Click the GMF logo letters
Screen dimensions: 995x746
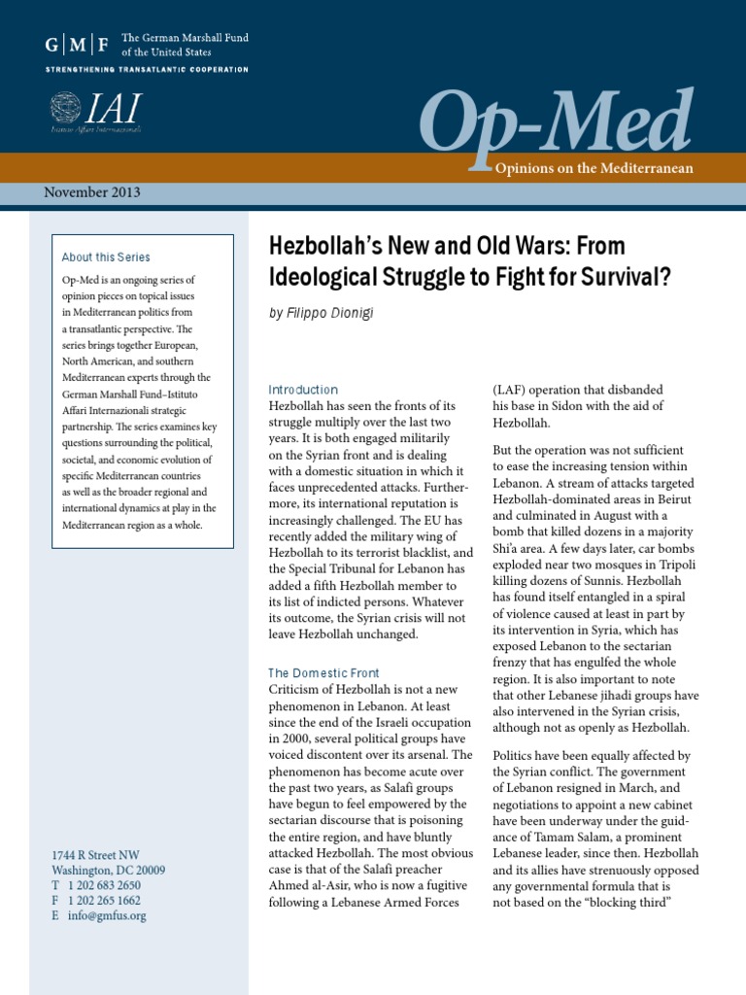pos(77,44)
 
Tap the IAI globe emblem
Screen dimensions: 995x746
pos(66,108)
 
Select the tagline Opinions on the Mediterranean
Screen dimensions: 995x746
pos(594,168)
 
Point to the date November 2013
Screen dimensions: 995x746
pos(92,191)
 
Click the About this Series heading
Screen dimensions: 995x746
pos(106,257)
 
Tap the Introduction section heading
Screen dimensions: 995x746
pos(303,389)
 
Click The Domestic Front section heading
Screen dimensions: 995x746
pos(323,672)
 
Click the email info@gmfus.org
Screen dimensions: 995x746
pos(108,915)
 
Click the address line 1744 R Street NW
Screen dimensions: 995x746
pos(95,855)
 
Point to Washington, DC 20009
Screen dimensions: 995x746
pos(108,870)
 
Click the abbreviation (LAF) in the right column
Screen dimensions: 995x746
pos(512,390)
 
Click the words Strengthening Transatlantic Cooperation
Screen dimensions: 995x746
pos(147,70)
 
